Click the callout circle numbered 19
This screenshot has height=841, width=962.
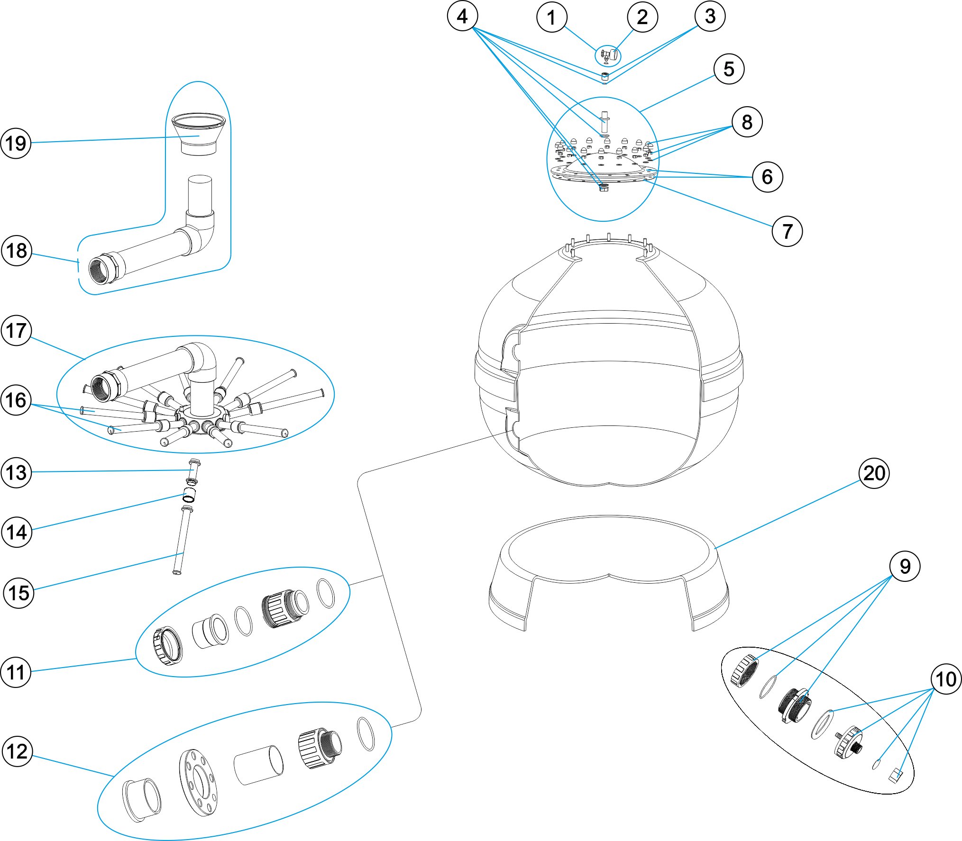(x=16, y=143)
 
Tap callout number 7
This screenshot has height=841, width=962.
(x=787, y=231)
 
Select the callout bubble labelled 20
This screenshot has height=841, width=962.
(x=874, y=473)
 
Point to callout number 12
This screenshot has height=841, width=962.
(x=18, y=751)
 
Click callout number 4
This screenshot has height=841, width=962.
(x=462, y=16)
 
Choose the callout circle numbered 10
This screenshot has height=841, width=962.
(x=946, y=679)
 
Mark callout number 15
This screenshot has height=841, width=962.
(x=19, y=592)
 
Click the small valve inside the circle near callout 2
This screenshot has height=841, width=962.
(x=607, y=56)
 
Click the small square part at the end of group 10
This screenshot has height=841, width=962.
(x=895, y=776)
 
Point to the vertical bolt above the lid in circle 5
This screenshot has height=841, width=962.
(x=604, y=121)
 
